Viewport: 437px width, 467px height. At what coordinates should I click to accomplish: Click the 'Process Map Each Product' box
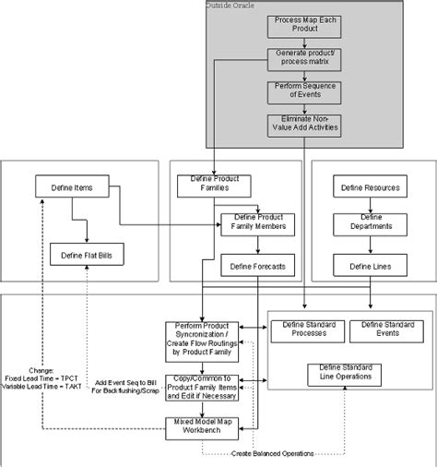[x=297, y=26]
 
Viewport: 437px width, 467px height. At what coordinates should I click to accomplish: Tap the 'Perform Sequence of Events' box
[x=297, y=90]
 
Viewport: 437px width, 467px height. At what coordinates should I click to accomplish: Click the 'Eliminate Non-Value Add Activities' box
[x=297, y=125]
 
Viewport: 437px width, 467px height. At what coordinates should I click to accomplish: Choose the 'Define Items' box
[x=72, y=187]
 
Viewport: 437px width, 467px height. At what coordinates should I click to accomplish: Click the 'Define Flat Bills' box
[x=85, y=255]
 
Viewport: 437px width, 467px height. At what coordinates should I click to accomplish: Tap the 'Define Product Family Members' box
[x=257, y=223]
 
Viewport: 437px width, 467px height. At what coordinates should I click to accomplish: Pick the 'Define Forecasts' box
[x=257, y=267]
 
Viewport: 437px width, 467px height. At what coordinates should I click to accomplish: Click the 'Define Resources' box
[x=371, y=187]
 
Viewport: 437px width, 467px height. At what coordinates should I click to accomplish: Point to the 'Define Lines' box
[x=371, y=266]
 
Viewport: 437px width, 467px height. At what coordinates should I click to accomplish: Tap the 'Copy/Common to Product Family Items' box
[x=201, y=387]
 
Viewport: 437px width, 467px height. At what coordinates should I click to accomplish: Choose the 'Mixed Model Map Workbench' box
[x=201, y=427]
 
